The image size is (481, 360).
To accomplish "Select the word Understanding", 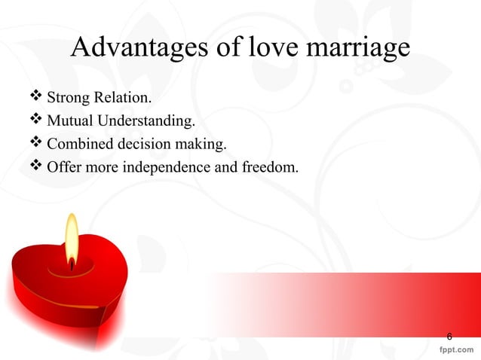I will pos(139,121).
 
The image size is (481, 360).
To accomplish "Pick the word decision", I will pos(139,143).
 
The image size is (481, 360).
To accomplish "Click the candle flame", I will pos(72,239).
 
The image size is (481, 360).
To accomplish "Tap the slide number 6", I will pos(450,335).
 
